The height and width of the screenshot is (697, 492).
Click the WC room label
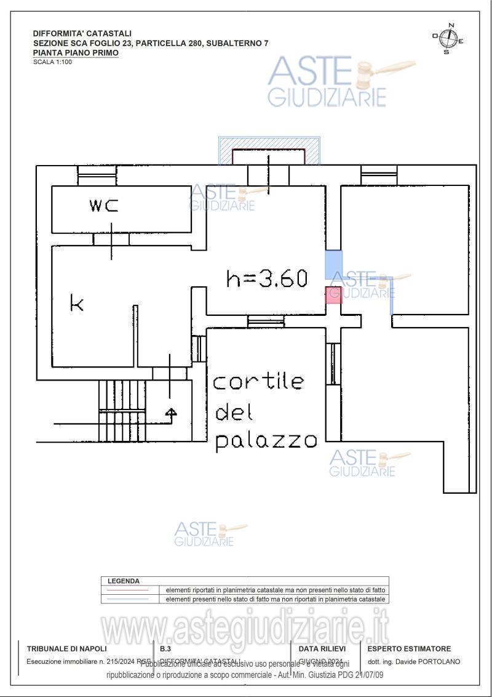[103, 206]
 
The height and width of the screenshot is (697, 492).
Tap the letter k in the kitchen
[76, 303]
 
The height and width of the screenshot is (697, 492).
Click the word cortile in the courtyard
[258, 382]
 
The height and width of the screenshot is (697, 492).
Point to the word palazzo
[266, 440]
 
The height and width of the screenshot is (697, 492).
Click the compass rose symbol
[448, 39]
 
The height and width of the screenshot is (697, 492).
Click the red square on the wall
[333, 295]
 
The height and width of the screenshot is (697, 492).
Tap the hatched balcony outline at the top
[269, 151]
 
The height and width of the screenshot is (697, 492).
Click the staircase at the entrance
[122, 410]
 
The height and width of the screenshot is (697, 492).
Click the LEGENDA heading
[124, 581]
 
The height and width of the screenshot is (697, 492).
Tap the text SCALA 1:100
[52, 62]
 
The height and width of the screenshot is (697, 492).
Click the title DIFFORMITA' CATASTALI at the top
[82, 33]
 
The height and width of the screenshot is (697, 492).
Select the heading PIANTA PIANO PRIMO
[76, 53]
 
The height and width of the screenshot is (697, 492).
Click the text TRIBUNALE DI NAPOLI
[66, 648]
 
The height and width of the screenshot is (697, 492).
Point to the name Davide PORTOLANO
[429, 662]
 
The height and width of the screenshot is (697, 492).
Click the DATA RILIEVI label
[322, 648]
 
